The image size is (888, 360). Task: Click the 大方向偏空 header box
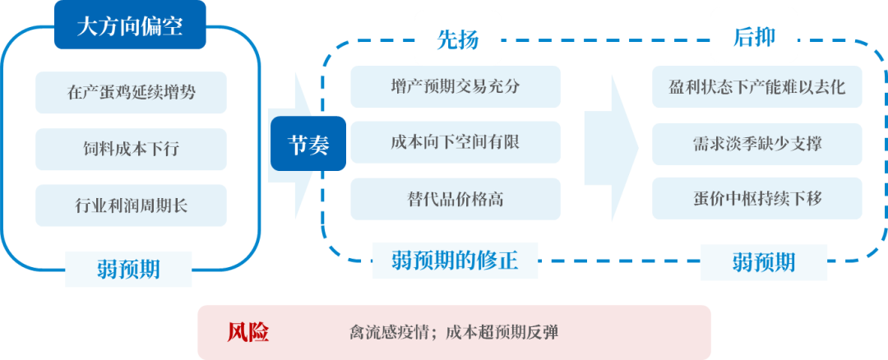pyautogui.click(x=129, y=26)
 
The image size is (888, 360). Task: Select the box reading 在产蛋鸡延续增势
pyautogui.click(x=131, y=92)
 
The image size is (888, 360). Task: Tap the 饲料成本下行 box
pyautogui.click(x=131, y=149)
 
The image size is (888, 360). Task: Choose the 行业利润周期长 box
pyautogui.click(x=131, y=205)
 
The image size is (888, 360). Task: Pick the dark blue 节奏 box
pyautogui.click(x=308, y=145)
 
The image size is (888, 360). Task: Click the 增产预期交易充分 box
pyautogui.click(x=455, y=86)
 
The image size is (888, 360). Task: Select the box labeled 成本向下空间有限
pyautogui.click(x=455, y=141)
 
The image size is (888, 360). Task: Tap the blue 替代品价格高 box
pyautogui.click(x=455, y=199)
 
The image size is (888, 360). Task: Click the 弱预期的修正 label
pyautogui.click(x=456, y=261)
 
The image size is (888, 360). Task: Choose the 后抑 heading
pyautogui.click(x=754, y=37)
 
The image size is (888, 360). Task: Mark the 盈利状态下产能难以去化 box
pyautogui.click(x=757, y=86)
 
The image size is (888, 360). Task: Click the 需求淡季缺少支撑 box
pyautogui.click(x=757, y=142)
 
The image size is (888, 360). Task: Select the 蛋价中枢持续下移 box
pyautogui.click(x=757, y=198)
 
